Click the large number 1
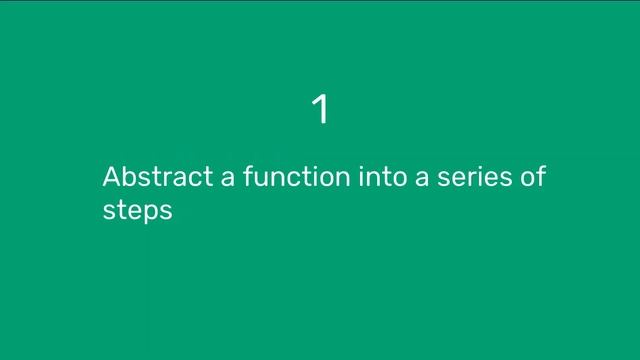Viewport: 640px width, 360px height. pos(320,109)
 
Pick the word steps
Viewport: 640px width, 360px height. pos(138,212)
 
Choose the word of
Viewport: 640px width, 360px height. pos(533,178)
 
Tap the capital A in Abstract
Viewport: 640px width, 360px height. pos(111,178)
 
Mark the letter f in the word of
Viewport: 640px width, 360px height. pos(541,177)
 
